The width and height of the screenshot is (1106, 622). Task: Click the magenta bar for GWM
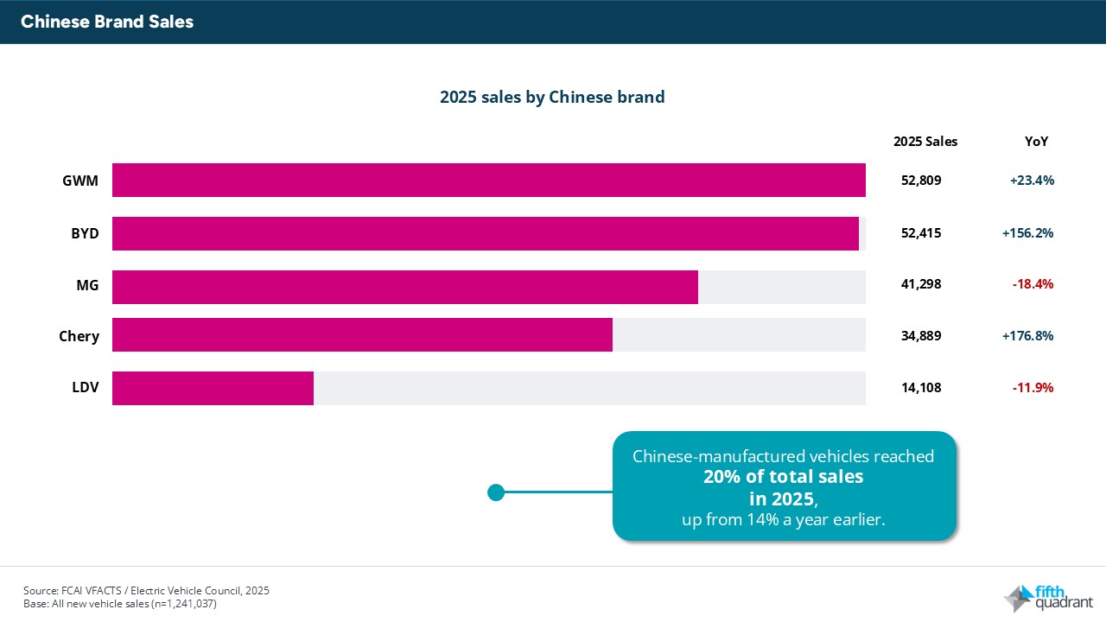tap(489, 181)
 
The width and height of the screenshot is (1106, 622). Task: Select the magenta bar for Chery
tap(362, 335)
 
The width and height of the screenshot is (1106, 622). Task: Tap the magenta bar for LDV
tap(213, 388)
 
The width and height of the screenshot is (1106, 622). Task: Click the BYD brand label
tap(85, 233)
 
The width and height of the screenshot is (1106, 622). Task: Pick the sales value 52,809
tap(920, 181)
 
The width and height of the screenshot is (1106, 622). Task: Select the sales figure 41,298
tap(920, 284)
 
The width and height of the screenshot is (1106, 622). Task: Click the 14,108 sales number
tap(920, 388)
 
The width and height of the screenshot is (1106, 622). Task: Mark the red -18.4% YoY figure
tap(1033, 284)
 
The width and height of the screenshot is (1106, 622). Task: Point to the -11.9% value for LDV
tap(1033, 388)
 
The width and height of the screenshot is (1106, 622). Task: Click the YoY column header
tap(1035, 142)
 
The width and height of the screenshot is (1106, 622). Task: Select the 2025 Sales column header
tap(925, 142)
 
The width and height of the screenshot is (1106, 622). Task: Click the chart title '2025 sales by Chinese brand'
tap(552, 97)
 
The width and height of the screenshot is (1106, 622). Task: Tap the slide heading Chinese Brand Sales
tap(107, 22)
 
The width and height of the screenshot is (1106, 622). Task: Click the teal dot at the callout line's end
tap(496, 492)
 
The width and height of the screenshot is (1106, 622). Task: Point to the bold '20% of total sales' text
tap(783, 476)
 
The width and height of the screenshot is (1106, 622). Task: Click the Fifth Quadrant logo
tap(1047, 597)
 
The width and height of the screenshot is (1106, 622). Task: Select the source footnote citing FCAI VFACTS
tap(146, 591)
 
